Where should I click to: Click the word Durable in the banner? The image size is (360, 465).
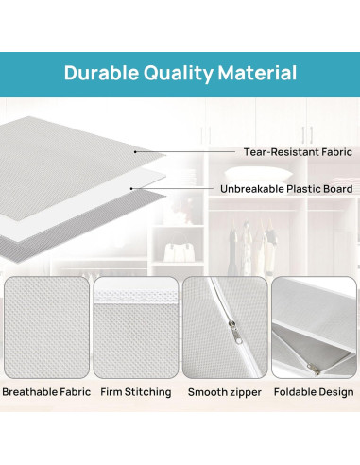pos(101,73)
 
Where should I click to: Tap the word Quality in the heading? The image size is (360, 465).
pos(179,74)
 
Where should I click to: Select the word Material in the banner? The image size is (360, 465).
pos(257,73)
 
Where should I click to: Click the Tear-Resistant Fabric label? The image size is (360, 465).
pos(298,152)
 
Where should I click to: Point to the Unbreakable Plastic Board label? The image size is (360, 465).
pos(286,189)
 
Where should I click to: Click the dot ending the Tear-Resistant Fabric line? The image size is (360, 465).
pos(135,152)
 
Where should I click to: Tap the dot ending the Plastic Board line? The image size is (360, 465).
pos(131,189)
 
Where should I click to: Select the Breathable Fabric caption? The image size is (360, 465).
pos(46,392)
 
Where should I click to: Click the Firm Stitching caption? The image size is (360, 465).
pos(136,392)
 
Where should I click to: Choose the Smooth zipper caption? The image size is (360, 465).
pos(225,392)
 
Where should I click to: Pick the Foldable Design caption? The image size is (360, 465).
pos(314,392)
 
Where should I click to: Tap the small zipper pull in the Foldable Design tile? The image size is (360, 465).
pos(313,368)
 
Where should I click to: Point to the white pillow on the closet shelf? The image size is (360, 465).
pos(257,173)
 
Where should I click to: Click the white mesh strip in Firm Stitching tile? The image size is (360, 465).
pos(136,297)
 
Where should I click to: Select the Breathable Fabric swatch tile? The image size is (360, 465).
pos(46,327)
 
